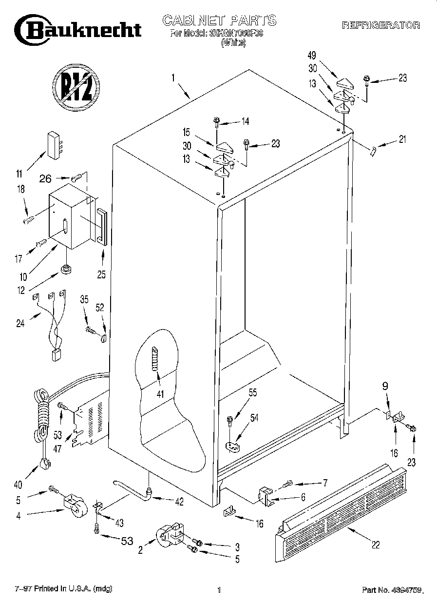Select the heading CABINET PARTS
219,20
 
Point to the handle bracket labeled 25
101,226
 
